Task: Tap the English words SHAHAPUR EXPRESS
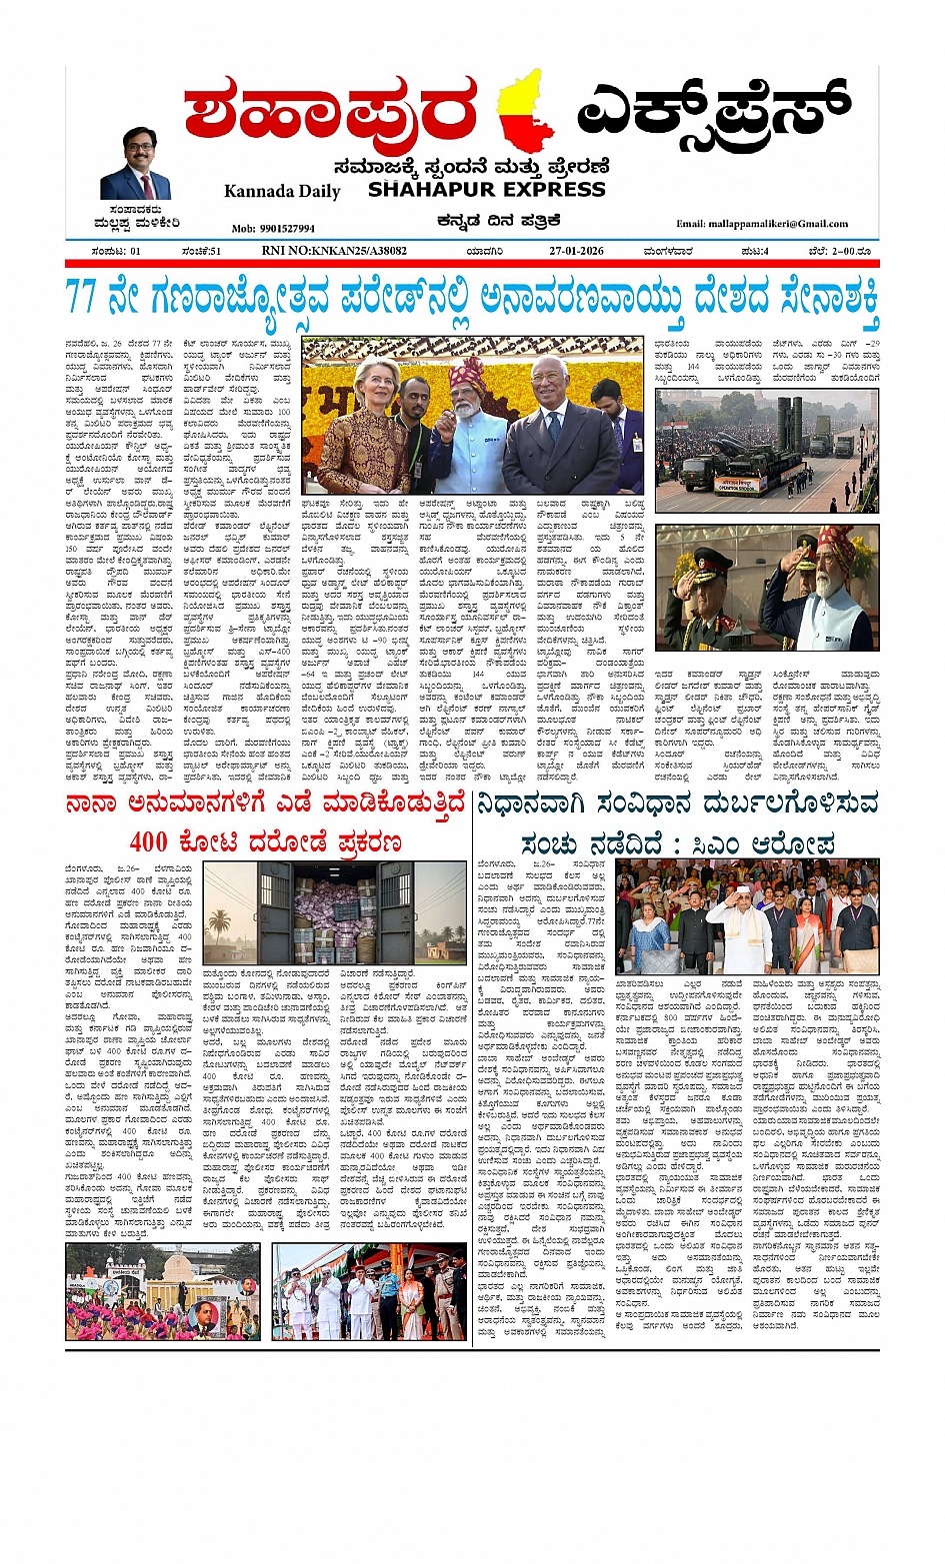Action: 486,189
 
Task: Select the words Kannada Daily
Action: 282,191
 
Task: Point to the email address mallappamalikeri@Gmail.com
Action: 762,224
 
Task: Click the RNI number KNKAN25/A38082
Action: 334,251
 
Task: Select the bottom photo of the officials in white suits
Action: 369,1291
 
